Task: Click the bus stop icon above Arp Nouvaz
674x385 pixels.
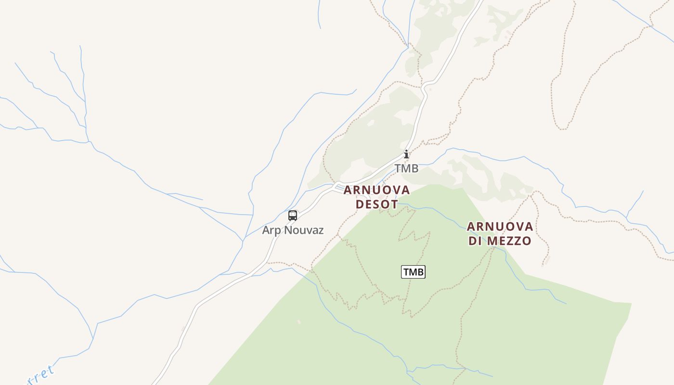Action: (x=293, y=216)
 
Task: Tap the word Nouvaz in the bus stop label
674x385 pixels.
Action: (x=304, y=230)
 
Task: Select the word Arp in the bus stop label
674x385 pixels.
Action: (x=272, y=231)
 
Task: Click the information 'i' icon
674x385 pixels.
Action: (x=406, y=154)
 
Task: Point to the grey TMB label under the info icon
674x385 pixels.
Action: (x=406, y=168)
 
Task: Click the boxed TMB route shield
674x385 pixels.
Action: (x=413, y=272)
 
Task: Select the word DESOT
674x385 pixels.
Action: (x=377, y=204)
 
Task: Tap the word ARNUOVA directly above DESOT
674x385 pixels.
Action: (x=376, y=190)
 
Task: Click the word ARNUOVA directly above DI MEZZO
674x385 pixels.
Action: (x=500, y=226)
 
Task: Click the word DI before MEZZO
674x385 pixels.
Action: (x=476, y=241)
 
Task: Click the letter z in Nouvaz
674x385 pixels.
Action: (x=320, y=231)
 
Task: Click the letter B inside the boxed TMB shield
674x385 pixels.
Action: (x=420, y=272)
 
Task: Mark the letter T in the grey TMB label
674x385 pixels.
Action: (x=398, y=168)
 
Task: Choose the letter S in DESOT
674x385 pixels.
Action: (x=377, y=204)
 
